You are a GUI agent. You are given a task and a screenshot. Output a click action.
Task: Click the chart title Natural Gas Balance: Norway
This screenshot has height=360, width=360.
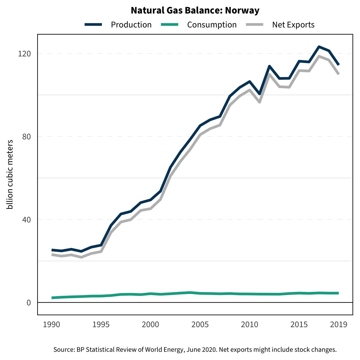[195, 11]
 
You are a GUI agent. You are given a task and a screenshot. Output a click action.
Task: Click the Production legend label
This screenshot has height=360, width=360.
[131, 25]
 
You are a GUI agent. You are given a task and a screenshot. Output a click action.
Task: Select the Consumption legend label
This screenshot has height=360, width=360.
[212, 25]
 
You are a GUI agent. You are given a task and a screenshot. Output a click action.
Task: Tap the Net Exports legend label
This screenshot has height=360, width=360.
[293, 25]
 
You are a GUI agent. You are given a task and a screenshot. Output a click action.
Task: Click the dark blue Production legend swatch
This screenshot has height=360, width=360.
[94, 25]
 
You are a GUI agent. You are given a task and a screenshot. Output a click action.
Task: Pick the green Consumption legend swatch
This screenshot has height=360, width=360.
[170, 25]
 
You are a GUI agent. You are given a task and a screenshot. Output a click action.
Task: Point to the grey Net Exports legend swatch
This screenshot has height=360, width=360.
[255, 25]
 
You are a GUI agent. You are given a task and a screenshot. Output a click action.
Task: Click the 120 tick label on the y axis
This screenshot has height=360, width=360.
[25, 54]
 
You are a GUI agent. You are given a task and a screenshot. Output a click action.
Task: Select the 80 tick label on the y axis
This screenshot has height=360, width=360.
[27, 136]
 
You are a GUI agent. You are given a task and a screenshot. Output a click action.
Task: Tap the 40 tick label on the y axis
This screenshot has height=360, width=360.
[27, 220]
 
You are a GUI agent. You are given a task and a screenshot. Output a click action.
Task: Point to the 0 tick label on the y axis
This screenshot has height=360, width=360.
[29, 303]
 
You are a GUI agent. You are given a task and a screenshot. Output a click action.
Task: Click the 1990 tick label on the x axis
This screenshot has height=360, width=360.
[52, 325]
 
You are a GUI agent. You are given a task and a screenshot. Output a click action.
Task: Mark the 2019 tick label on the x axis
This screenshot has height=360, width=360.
[338, 325]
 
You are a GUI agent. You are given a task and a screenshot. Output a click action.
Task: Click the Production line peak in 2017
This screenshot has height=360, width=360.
[319, 46]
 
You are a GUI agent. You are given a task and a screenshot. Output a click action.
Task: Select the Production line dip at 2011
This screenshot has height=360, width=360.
[259, 94]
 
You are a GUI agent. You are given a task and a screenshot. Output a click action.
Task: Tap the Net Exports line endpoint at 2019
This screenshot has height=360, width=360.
[338, 74]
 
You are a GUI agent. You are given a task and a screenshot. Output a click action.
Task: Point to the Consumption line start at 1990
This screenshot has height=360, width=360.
[52, 298]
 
